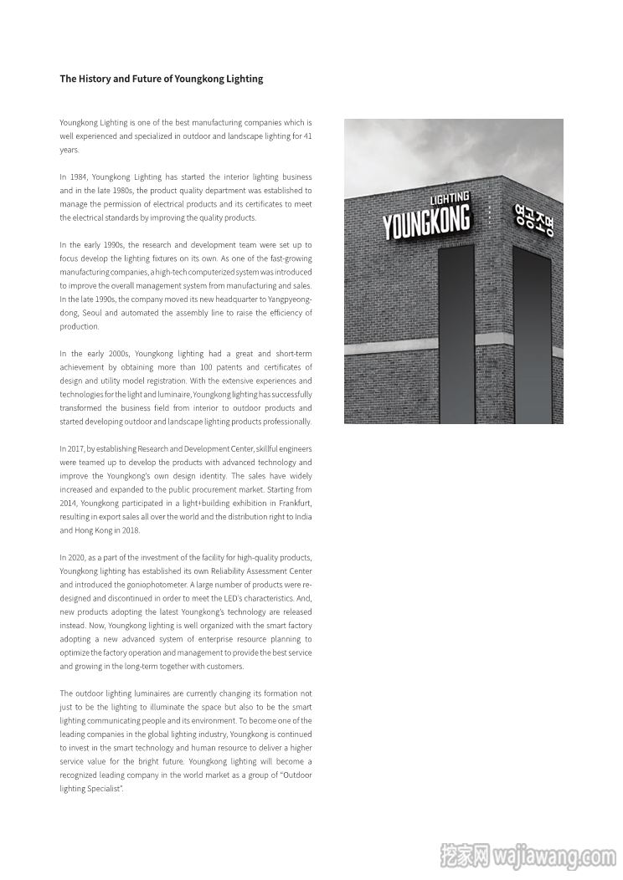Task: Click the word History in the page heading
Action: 93,79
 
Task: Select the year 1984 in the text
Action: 79,177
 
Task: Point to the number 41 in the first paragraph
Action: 306,136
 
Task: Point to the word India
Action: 303,517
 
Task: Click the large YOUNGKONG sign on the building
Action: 426,222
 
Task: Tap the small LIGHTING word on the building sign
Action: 449,199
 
